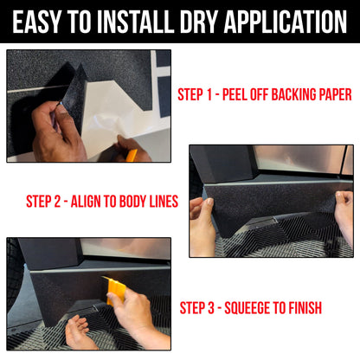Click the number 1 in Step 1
(218, 93)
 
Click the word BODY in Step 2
(138, 202)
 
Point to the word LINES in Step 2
(167, 202)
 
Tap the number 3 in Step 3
(219, 307)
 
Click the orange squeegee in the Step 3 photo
(114, 290)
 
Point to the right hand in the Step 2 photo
(343, 216)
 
